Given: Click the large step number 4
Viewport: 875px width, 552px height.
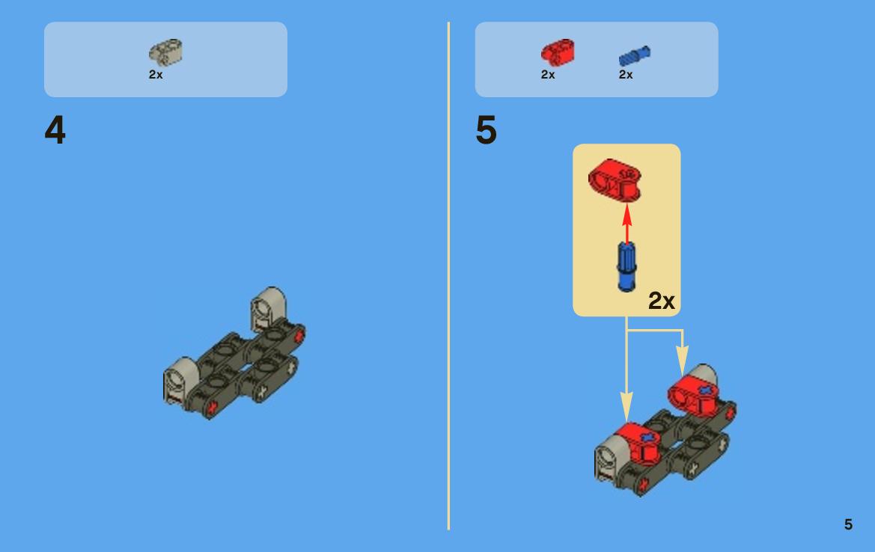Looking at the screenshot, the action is pos(55,130).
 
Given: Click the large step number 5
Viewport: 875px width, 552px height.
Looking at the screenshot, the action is pos(486,130).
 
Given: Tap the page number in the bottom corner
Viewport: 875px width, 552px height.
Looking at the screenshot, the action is pos(848,524).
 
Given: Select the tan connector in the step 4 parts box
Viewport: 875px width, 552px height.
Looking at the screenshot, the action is pos(165,52).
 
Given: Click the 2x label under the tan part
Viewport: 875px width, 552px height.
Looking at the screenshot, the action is pos(156,74).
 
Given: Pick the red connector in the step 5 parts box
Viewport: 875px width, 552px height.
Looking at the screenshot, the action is pos(558,52).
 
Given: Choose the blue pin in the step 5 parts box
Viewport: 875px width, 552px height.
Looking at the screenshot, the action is pos(635,56).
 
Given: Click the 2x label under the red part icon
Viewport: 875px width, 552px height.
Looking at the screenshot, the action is pos(548,74).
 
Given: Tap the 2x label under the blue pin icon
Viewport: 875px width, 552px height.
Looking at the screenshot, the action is pos(626,74).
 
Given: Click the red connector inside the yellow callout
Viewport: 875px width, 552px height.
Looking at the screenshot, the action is pos(615,180).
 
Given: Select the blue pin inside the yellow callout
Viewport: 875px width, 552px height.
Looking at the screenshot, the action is pos(626,267).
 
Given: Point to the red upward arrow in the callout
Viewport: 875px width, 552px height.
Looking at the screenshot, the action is pos(627,223).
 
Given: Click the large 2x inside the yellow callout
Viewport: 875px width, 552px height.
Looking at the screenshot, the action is pos(661,301).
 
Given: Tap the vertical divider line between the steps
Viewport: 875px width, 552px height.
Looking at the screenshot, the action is pos(448,275).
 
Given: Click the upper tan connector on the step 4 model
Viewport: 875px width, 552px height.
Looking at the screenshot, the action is pos(269,308).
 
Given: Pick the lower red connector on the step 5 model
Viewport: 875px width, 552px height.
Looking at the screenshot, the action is pos(637,443).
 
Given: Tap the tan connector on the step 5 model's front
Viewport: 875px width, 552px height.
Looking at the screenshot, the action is pos(610,457).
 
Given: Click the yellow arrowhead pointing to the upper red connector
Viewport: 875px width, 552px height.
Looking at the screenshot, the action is pos(682,361).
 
